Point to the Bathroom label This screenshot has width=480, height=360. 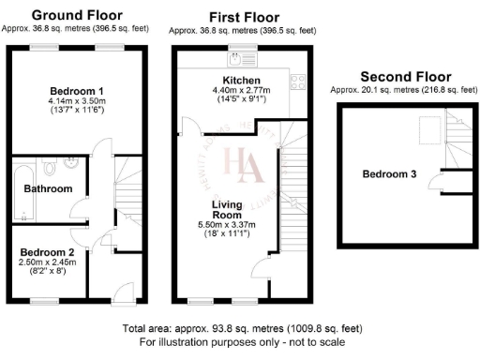[48, 188]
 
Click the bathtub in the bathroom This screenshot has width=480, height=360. [24, 188]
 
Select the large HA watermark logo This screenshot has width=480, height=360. [242, 161]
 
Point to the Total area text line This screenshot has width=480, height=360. [240, 330]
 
